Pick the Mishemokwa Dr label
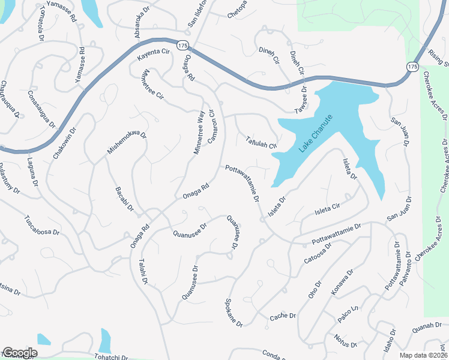127,139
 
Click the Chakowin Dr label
66,142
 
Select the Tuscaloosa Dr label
42,224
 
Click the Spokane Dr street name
234,313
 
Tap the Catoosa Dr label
318,252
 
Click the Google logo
19,352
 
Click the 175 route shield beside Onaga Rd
182,45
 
